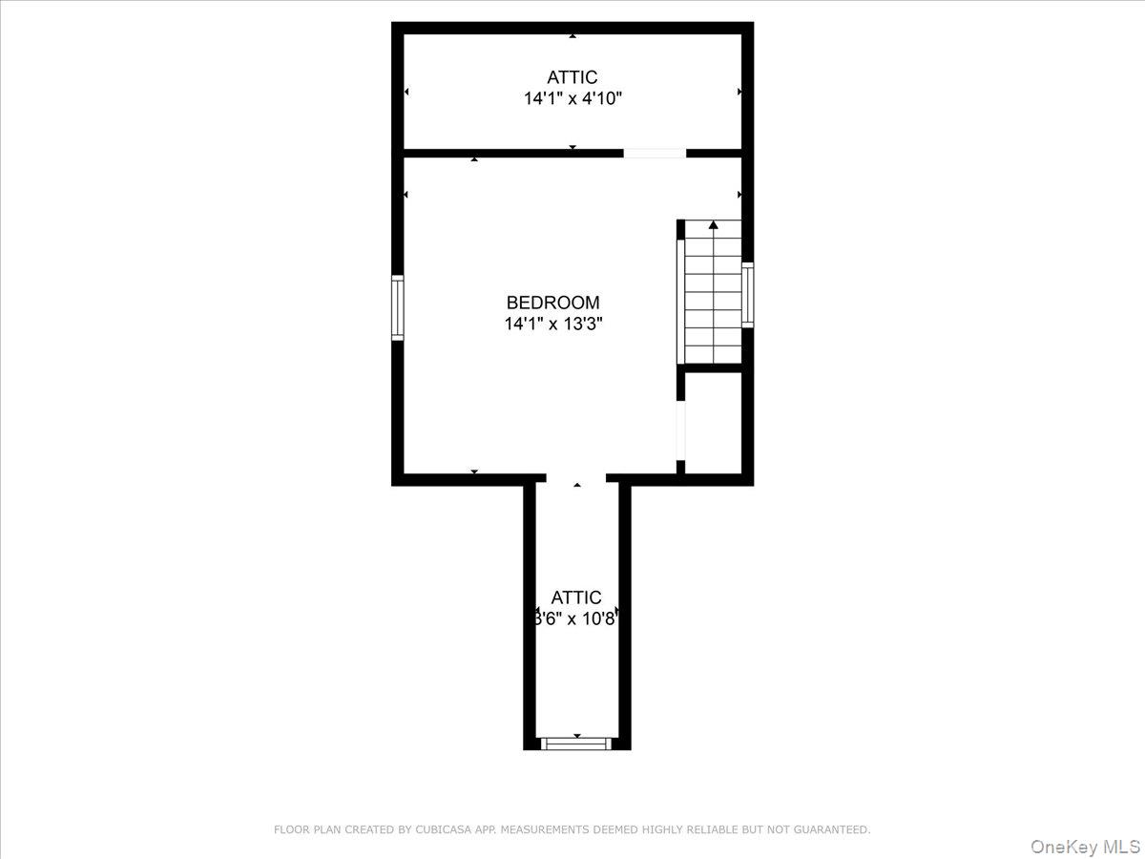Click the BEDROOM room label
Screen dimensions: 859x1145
click(552, 303)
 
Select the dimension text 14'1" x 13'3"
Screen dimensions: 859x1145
click(552, 324)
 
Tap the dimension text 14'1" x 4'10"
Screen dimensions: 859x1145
click(572, 98)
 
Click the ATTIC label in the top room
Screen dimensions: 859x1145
click(572, 77)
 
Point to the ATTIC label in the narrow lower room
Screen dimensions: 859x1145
click(576, 597)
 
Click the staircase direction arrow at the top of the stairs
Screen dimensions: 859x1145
click(713, 225)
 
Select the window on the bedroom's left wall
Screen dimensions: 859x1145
click(398, 307)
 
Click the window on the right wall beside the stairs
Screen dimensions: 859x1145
click(748, 295)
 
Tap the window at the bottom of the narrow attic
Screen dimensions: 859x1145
click(576, 743)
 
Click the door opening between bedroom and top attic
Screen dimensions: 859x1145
click(655, 153)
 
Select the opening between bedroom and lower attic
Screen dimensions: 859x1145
click(576, 478)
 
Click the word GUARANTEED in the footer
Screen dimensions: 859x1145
click(831, 830)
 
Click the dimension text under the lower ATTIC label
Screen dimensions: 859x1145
click(576, 618)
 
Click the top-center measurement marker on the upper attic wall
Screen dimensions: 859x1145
click(572, 35)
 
